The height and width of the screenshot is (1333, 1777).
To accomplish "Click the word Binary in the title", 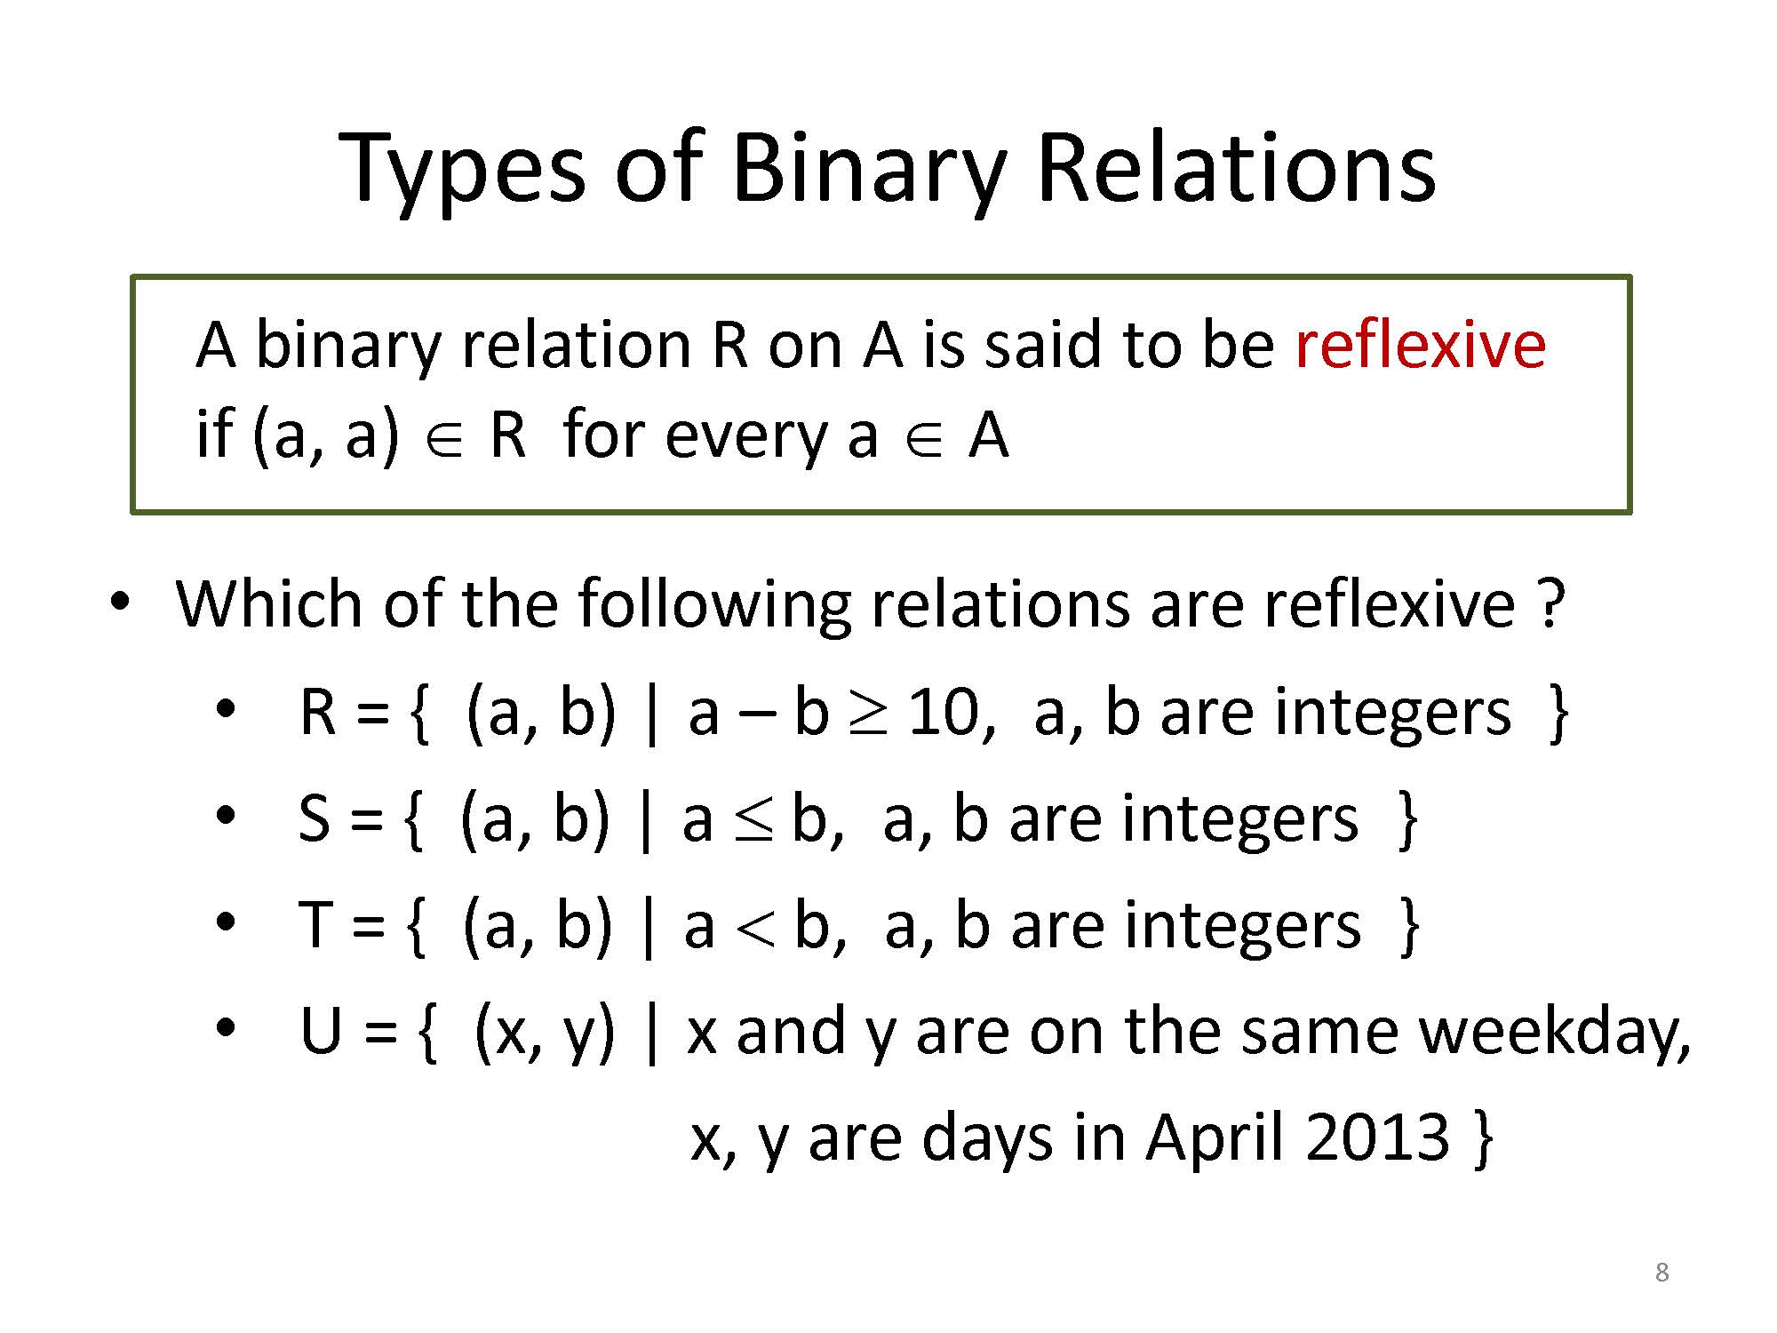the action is coord(869,172).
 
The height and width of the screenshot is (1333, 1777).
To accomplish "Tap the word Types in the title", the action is coord(463,172).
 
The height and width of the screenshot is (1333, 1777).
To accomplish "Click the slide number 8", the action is coord(1661,1273).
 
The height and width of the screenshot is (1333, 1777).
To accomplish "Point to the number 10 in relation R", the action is coord(942,714).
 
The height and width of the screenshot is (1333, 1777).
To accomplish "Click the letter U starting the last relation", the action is coord(322,1033).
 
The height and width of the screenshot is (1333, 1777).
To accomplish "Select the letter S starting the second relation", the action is coord(315,818).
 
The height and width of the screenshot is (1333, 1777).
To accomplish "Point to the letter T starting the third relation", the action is coord(315,925).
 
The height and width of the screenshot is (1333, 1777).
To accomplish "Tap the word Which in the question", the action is coord(268,603).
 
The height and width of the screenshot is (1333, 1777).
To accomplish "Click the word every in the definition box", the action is coord(745,438).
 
